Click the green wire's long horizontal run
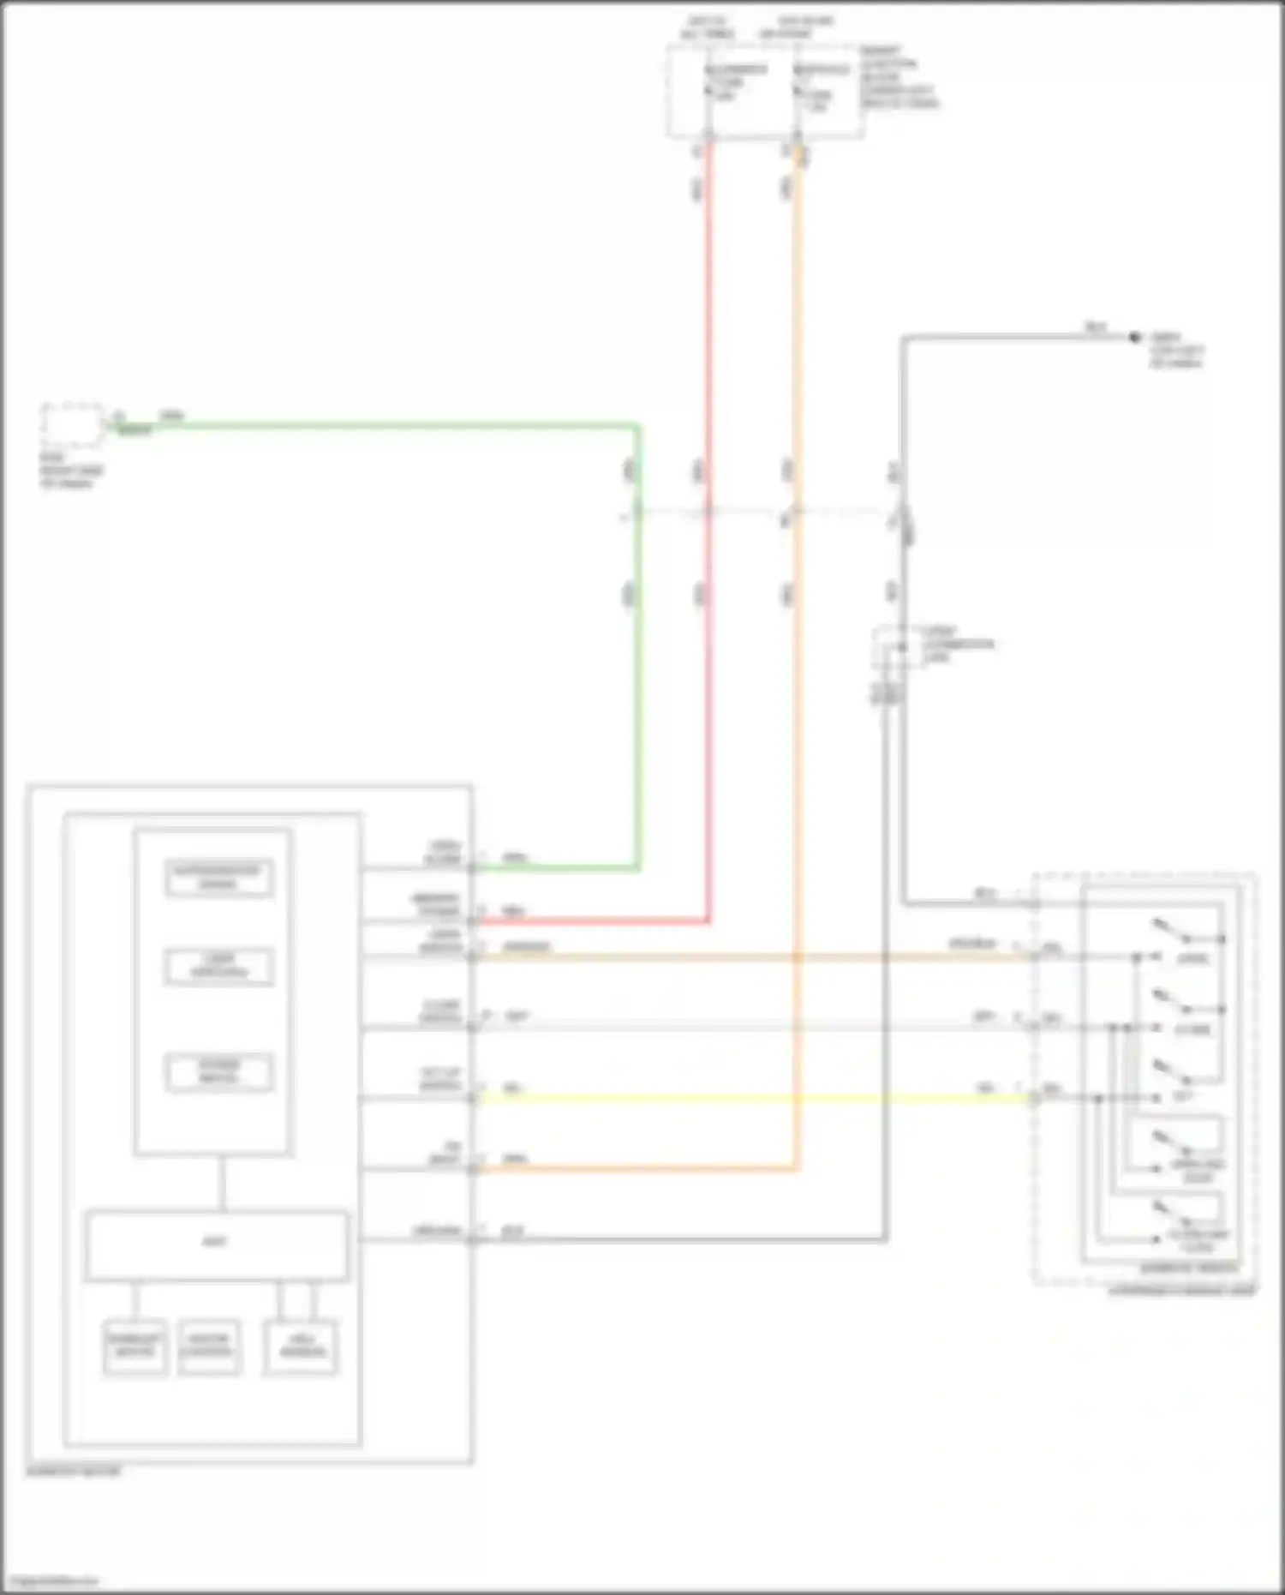coord(385,425)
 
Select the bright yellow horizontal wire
coord(754,1099)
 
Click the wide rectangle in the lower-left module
coord(216,1245)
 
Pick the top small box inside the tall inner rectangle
coord(219,878)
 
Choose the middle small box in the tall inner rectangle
coord(219,968)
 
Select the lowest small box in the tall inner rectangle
coord(220,1072)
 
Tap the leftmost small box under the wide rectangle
coord(135,1348)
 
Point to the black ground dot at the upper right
coord(1134,338)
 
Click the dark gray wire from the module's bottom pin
coord(685,1239)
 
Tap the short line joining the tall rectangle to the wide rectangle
coord(222,1183)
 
